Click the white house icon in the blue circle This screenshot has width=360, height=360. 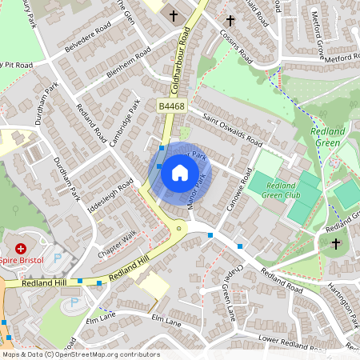click(180, 173)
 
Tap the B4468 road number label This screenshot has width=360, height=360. click(171, 106)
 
